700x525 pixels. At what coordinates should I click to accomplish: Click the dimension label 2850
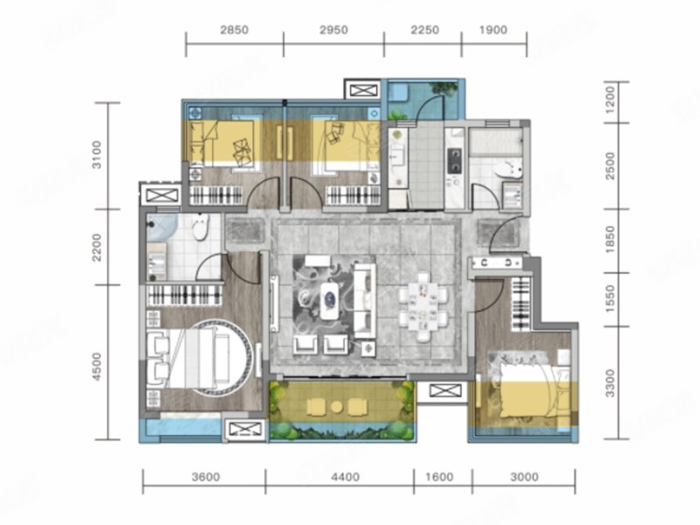pyautogui.click(x=234, y=30)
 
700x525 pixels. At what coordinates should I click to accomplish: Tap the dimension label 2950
pyautogui.click(x=333, y=30)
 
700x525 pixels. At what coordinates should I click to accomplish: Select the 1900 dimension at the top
pyautogui.click(x=493, y=30)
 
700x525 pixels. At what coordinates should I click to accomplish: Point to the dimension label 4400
pyautogui.click(x=345, y=477)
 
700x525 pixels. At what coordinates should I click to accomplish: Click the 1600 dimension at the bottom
pyautogui.click(x=440, y=477)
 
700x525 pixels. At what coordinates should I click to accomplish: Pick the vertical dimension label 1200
pyautogui.click(x=610, y=99)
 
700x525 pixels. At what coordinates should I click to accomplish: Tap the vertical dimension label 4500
pyautogui.click(x=97, y=367)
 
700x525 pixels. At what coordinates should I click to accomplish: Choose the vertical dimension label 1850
pyautogui.click(x=610, y=240)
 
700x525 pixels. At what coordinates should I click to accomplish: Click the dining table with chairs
pyautogui.click(x=423, y=308)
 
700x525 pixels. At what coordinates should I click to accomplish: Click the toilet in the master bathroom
pyautogui.click(x=200, y=227)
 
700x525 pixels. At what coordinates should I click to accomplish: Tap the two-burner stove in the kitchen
pyautogui.click(x=455, y=160)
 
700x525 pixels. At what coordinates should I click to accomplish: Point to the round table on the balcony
pyautogui.click(x=337, y=406)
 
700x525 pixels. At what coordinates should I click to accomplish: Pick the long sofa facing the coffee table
pyautogui.click(x=365, y=300)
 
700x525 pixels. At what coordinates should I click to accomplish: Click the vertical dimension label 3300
pyautogui.click(x=610, y=383)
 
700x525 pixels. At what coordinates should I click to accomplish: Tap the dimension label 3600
pyautogui.click(x=206, y=477)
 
